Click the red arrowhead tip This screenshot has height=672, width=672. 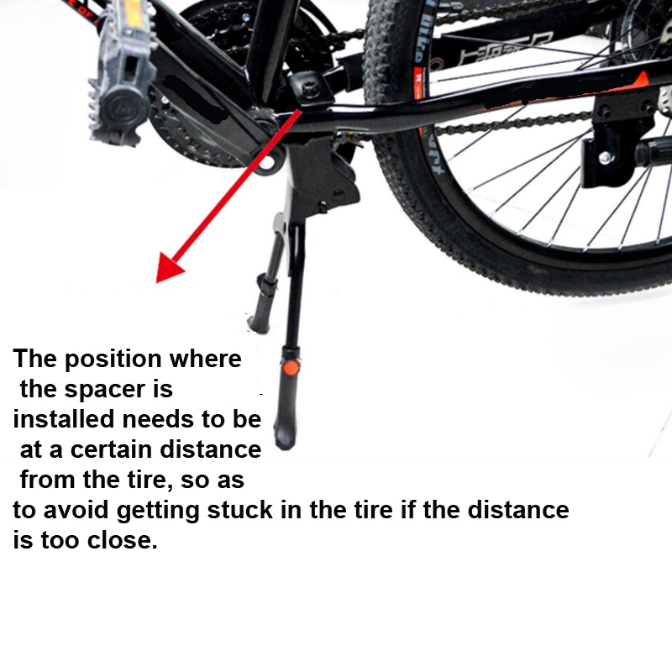pos(156,282)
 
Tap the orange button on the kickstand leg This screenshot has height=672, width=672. pos(291,368)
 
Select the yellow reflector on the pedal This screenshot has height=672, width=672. pos(132,12)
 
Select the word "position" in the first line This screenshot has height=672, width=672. pos(113,360)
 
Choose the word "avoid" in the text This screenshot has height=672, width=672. pos(76,510)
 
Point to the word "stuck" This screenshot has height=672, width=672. pos(240,510)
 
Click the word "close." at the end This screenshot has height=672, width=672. pos(123,540)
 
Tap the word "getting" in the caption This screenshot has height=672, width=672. pos(158,512)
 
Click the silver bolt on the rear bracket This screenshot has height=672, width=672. pos(605,158)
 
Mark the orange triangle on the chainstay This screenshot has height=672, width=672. pos(640,81)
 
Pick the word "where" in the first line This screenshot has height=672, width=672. pos(205,359)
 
